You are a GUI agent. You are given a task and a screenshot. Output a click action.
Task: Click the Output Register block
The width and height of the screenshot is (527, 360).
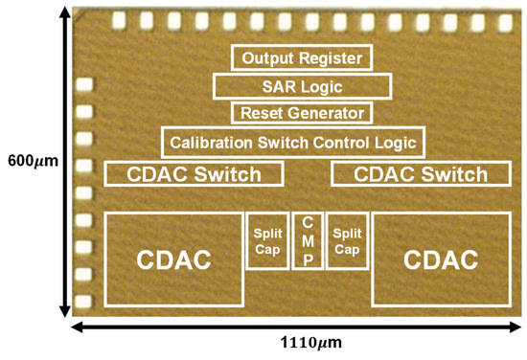[x=302, y=58]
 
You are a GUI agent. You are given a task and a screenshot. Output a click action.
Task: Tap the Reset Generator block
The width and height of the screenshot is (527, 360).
[x=301, y=113]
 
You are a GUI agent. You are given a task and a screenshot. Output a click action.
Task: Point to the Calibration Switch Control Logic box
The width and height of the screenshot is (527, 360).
[x=292, y=144]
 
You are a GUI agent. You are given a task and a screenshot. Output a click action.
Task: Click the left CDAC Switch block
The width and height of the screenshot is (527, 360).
[x=195, y=174]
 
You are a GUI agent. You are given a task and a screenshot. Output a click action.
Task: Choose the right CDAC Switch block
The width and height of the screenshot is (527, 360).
[x=421, y=174]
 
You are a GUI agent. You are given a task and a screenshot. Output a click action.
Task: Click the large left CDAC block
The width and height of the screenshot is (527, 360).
[x=172, y=259]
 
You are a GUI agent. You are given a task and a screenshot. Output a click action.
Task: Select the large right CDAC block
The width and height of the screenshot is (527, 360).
[x=438, y=259]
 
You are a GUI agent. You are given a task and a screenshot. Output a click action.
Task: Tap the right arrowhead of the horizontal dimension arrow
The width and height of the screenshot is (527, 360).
[x=520, y=326]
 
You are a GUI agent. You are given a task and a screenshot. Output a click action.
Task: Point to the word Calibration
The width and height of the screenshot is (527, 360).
[x=218, y=144]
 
